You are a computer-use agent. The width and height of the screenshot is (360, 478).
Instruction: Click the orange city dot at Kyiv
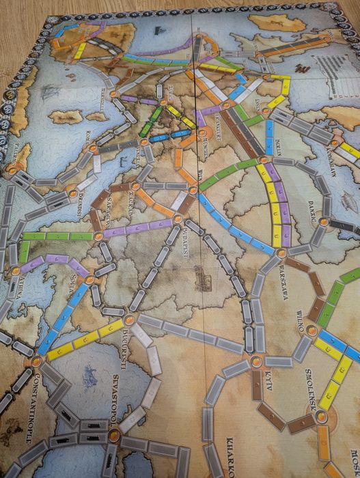[256, 361]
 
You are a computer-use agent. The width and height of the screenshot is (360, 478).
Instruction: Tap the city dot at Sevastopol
[113, 434]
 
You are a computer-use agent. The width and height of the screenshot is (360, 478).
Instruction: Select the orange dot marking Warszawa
[281, 253]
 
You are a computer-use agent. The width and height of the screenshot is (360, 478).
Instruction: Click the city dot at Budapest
[178, 219]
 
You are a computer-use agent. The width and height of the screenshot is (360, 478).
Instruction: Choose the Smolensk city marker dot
[322, 417]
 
